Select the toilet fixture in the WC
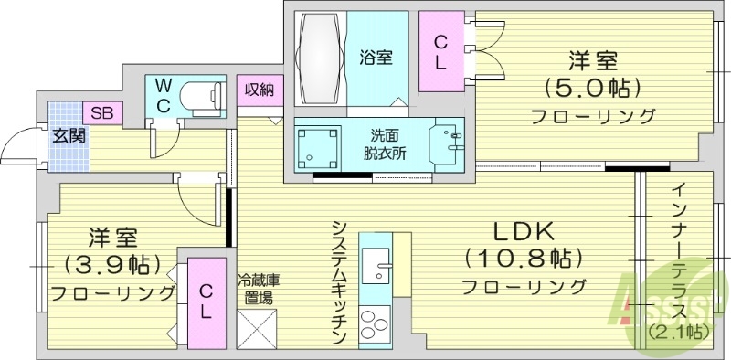click(x=202, y=94)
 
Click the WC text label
click(x=162, y=95)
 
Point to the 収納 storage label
click(x=257, y=90)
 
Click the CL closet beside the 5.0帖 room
click(x=440, y=51)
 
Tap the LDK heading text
click(x=524, y=230)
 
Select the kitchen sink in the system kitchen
click(x=376, y=271)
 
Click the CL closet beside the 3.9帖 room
click(x=207, y=301)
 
